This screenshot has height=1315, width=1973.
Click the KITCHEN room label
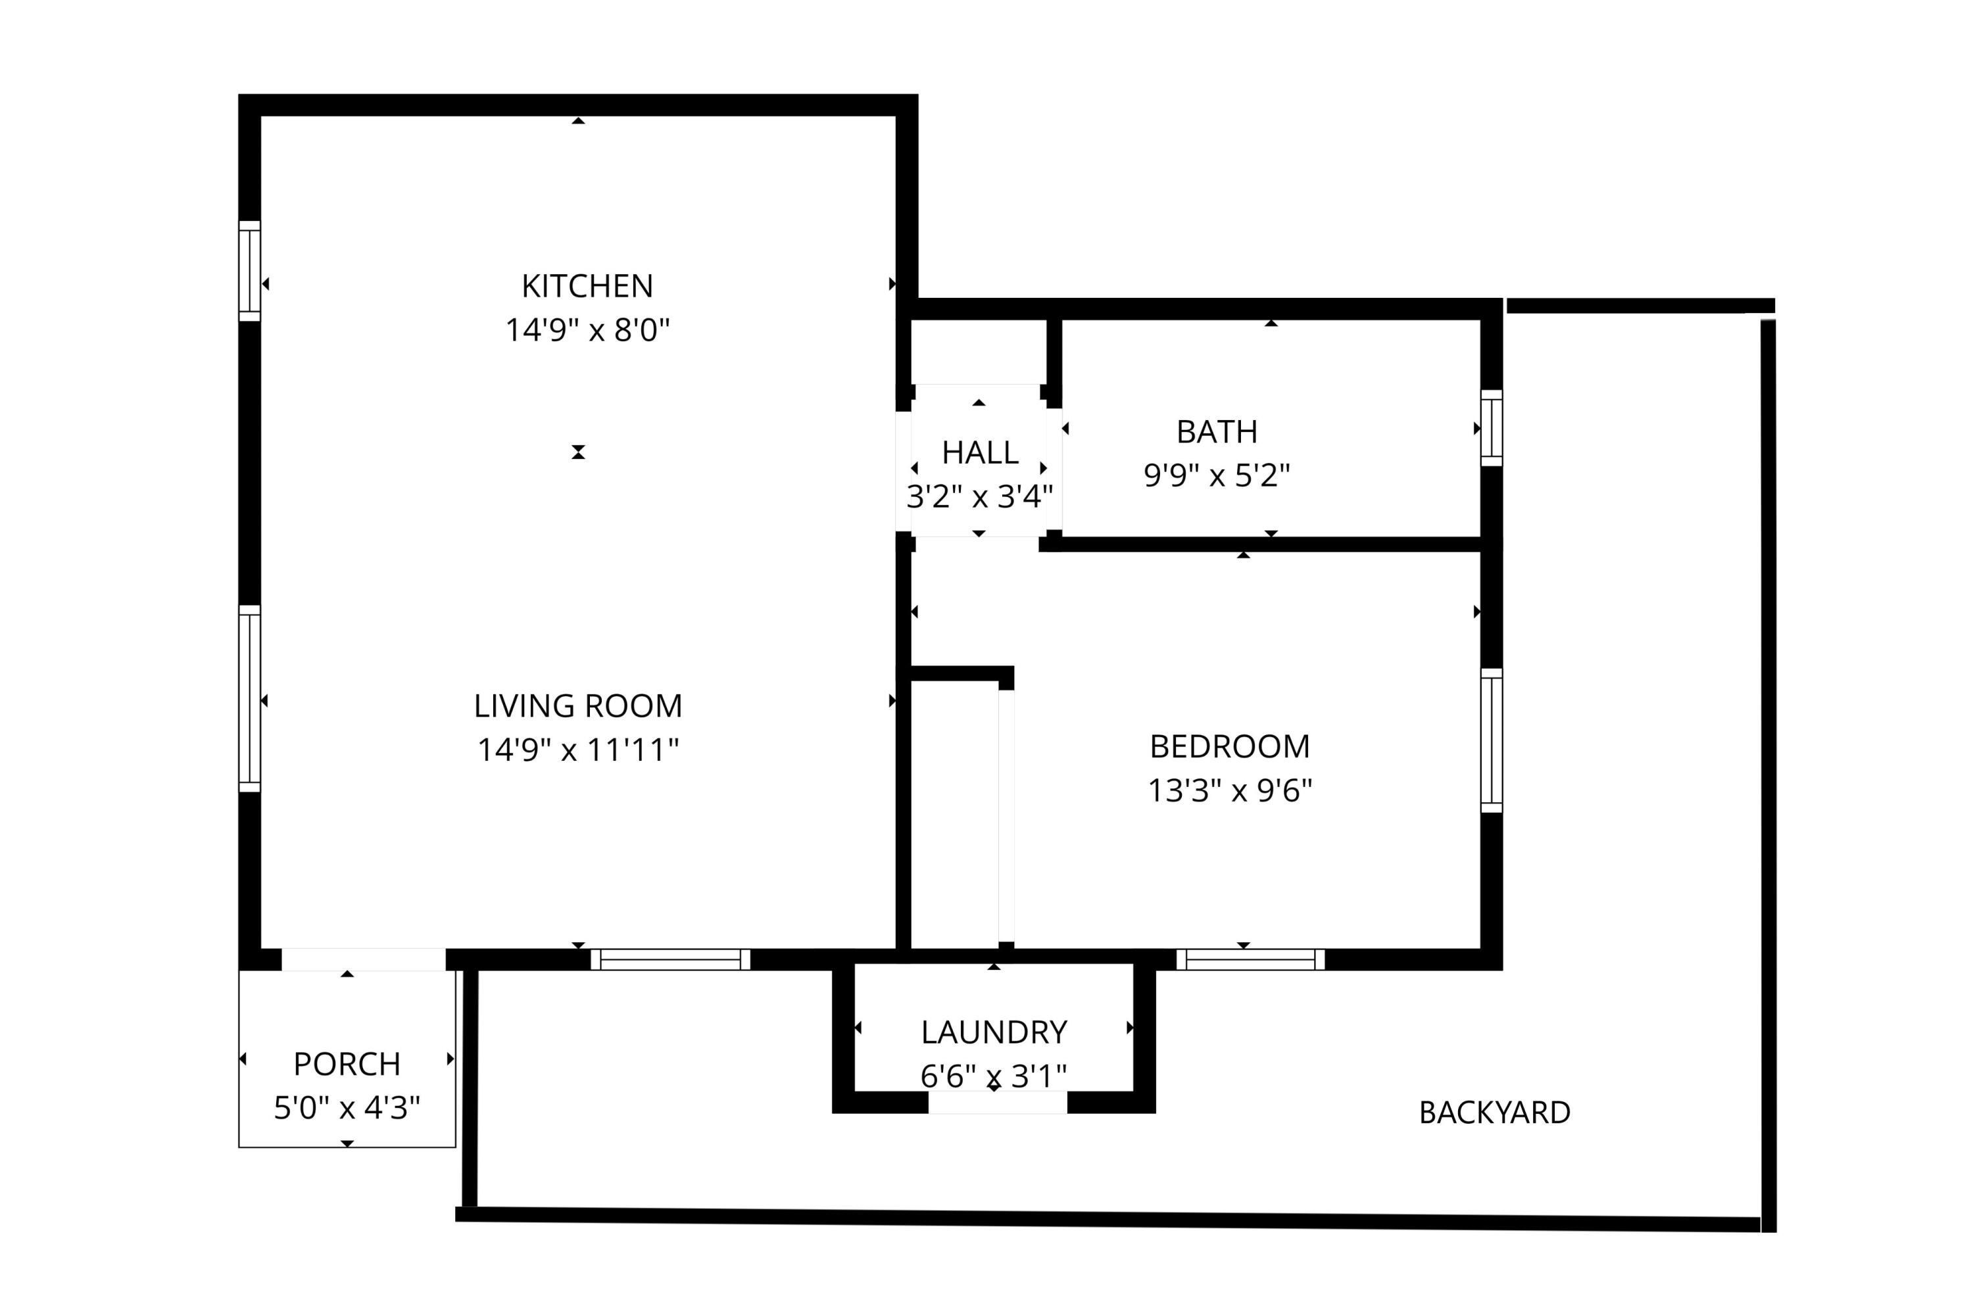click(587, 287)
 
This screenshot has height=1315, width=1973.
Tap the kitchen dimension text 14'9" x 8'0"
click(587, 331)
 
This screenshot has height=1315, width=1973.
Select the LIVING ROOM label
click(578, 706)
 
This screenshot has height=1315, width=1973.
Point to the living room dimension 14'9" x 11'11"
click(578, 750)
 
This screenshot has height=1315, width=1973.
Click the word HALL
click(980, 453)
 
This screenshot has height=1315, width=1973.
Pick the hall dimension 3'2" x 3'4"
click(980, 497)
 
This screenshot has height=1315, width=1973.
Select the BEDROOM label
click(1229, 746)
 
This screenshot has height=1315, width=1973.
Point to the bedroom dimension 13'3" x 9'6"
click(1229, 790)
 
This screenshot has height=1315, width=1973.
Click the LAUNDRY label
click(994, 1032)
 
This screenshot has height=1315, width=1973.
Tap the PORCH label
click(347, 1064)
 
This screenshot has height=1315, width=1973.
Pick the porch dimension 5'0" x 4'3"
click(347, 1108)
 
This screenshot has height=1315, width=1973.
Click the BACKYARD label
click(1494, 1113)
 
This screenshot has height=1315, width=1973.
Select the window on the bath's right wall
click(1491, 428)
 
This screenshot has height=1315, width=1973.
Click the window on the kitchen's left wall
click(249, 271)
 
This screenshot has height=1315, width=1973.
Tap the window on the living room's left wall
click(249, 698)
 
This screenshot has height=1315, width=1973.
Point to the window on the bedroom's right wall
click(1491, 740)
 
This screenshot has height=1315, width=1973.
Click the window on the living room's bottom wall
click(670, 959)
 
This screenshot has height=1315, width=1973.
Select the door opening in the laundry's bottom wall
click(998, 1102)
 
